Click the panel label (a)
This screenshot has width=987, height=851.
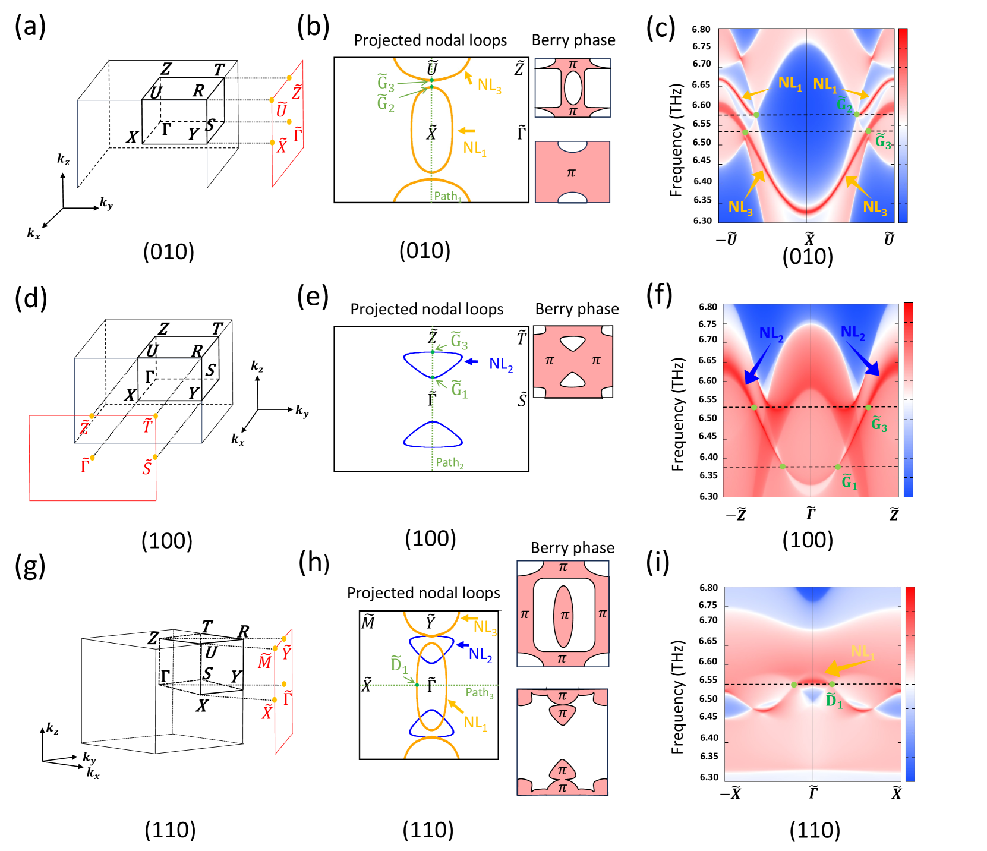click(30, 27)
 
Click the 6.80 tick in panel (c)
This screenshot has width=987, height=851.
click(701, 29)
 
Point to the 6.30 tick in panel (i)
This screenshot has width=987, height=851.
click(709, 777)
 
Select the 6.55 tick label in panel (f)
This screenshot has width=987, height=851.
click(708, 399)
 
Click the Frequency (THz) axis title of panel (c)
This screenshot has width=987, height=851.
click(676, 140)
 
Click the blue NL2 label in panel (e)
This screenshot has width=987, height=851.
click(501, 364)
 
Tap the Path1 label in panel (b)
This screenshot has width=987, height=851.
click(447, 196)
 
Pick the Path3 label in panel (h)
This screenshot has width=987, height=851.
click(480, 692)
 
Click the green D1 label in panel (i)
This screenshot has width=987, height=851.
click(834, 701)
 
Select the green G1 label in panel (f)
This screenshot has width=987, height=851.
click(850, 482)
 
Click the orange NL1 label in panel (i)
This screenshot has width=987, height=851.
click(862, 652)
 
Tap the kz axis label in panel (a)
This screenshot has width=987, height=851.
click(64, 159)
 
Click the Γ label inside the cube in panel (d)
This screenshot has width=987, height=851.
click(150, 377)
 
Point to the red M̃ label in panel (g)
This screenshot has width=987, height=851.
click(264, 661)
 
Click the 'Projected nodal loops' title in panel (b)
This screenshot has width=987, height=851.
click(430, 40)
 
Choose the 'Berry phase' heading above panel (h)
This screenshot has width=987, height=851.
click(572, 547)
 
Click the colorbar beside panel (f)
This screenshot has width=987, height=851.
click(908, 399)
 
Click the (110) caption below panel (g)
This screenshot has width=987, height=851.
click(170, 830)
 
